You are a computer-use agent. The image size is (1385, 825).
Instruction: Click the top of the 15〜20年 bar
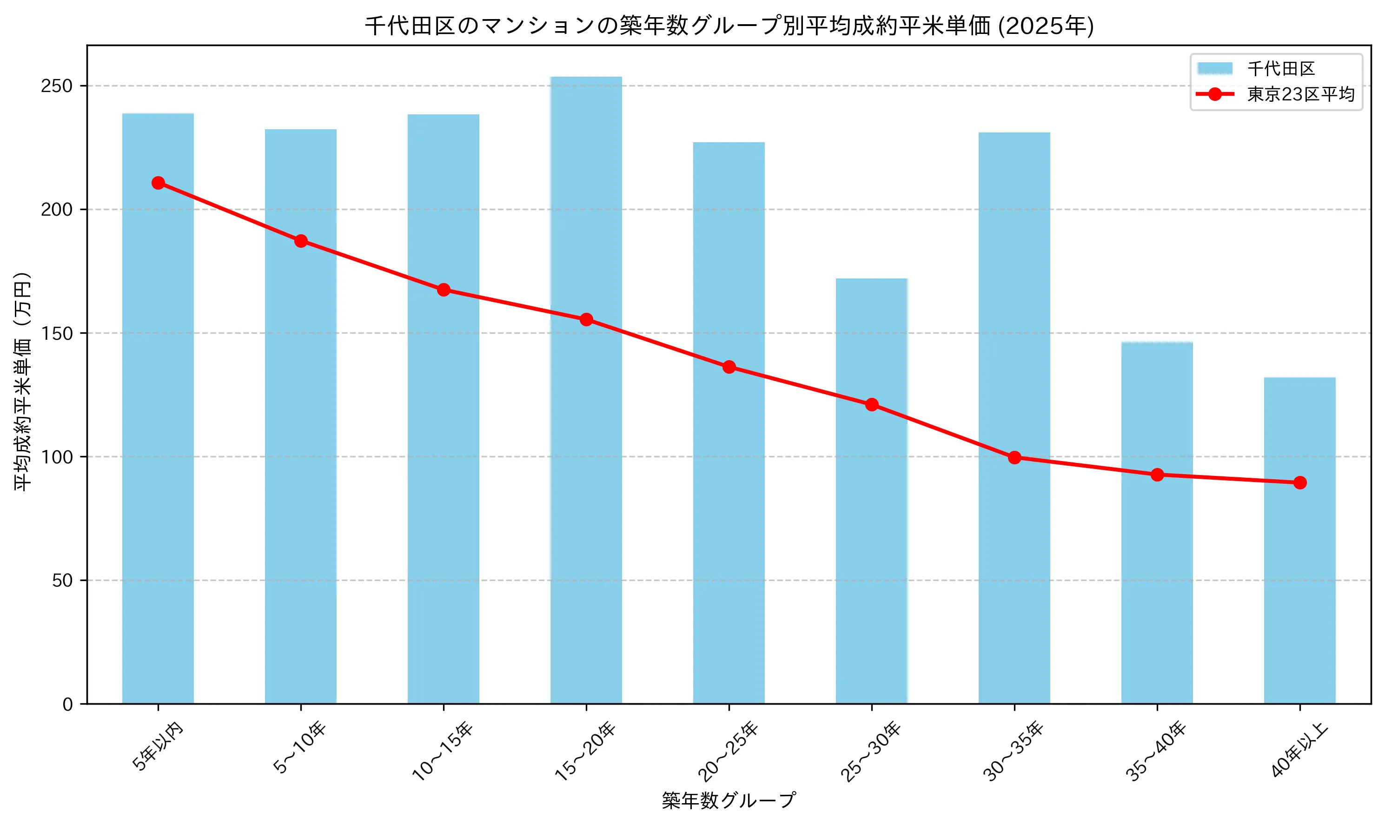tap(586, 78)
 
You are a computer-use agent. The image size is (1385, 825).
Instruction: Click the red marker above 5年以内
tap(158, 183)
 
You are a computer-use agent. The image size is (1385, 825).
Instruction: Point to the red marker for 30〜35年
tap(1014, 457)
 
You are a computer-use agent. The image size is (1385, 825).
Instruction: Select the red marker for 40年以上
tap(1299, 482)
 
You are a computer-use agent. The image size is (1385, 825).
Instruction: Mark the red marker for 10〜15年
tap(443, 290)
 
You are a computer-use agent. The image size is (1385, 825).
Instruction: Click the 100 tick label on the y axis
tap(57, 457)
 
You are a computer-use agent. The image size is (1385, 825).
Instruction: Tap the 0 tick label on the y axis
tap(68, 704)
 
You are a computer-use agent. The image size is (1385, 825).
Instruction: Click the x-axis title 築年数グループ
tap(729, 800)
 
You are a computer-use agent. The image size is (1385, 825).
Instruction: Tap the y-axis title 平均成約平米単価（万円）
tap(23, 382)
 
